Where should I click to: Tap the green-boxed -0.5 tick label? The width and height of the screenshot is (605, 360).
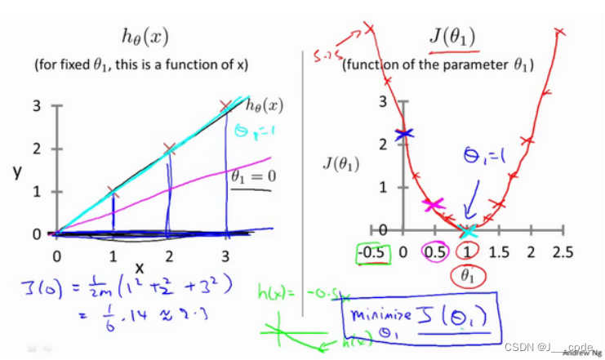(372, 252)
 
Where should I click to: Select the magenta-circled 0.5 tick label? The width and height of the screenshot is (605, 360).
(434, 252)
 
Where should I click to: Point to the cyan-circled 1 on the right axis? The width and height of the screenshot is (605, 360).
(467, 252)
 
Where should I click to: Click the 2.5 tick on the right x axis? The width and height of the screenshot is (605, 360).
(563, 252)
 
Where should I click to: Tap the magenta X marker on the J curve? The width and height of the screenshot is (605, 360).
(434, 205)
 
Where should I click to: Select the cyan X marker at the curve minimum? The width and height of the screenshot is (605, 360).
(468, 232)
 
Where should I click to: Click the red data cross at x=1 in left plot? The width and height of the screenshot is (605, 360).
(113, 193)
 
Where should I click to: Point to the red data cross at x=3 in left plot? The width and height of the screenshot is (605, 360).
(226, 106)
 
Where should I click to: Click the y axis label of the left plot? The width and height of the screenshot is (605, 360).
(16, 173)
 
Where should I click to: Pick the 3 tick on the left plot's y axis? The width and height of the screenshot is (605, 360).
(36, 106)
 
